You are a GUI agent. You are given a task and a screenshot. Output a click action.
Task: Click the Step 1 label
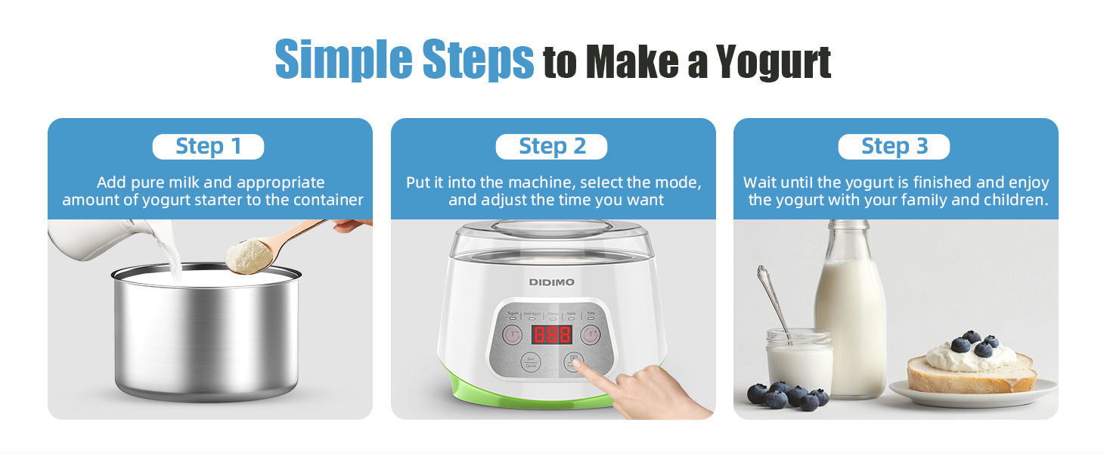coord(208,147)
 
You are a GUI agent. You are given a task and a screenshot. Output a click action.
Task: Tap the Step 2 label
coord(551,147)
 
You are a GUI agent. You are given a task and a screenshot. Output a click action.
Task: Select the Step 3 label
coord(894,147)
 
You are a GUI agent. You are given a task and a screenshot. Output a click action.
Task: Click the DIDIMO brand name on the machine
coord(551,282)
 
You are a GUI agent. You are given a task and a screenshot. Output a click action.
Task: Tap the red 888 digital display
coord(551,335)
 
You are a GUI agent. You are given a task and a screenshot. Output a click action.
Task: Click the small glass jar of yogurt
coord(799,361)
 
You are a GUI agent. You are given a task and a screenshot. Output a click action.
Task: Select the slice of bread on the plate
coord(972,375)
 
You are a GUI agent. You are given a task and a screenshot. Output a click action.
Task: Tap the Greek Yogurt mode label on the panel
coord(532,313)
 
